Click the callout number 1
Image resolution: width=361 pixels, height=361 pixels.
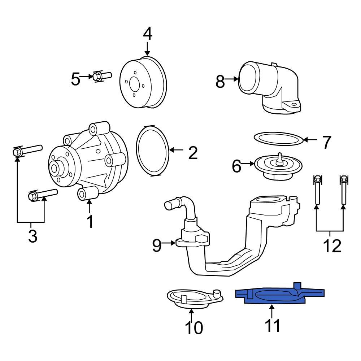pyautogui.click(x=89, y=222)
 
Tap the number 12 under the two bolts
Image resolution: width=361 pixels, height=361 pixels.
pyautogui.click(x=331, y=246)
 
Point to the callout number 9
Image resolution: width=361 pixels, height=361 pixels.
pyautogui.click(x=156, y=245)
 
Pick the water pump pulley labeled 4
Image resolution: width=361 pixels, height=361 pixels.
pyautogui.click(x=143, y=83)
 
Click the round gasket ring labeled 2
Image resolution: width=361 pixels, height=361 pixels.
pyautogui.click(x=153, y=150)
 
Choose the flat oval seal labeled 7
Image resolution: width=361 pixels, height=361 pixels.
pyautogui.click(x=278, y=139)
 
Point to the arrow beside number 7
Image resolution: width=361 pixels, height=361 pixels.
pyautogui.click(x=310, y=140)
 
